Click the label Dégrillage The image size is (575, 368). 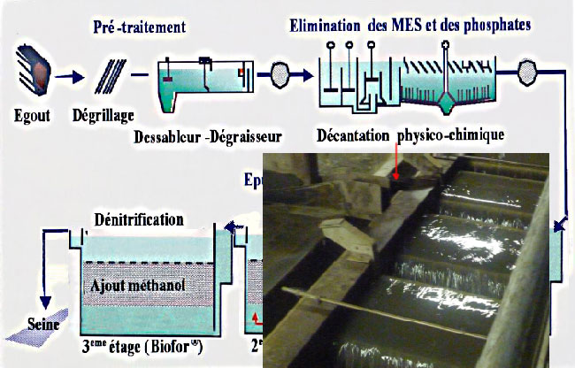(x=104, y=115)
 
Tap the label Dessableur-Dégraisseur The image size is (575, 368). (x=209, y=136)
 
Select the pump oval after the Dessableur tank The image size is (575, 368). (x=282, y=73)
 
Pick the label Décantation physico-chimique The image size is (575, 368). (x=410, y=135)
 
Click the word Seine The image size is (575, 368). (x=43, y=323)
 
